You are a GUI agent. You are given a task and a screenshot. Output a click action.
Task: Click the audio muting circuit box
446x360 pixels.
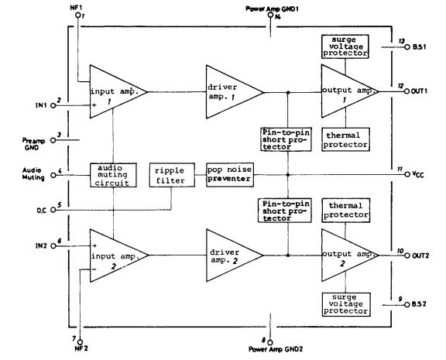112,174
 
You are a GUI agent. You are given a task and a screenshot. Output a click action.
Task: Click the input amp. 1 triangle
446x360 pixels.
116,91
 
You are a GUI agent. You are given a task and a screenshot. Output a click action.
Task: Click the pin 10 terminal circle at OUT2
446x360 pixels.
407,254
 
